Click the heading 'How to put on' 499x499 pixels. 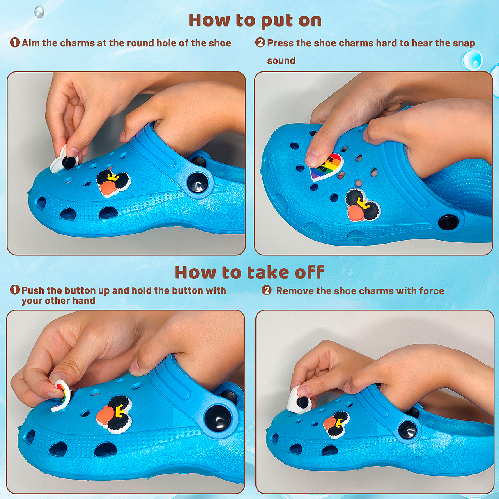pos(255,21)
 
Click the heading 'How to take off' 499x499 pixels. pos(249,272)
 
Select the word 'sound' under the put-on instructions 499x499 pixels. pos(281,60)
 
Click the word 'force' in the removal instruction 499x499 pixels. pos(432,291)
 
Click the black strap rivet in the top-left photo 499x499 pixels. pos(197,182)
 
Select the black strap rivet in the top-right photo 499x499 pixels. pos(448,223)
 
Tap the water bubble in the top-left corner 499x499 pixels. pos(39,12)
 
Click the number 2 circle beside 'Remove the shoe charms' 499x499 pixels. pos(266,290)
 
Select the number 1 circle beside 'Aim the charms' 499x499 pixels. pos(15,42)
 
